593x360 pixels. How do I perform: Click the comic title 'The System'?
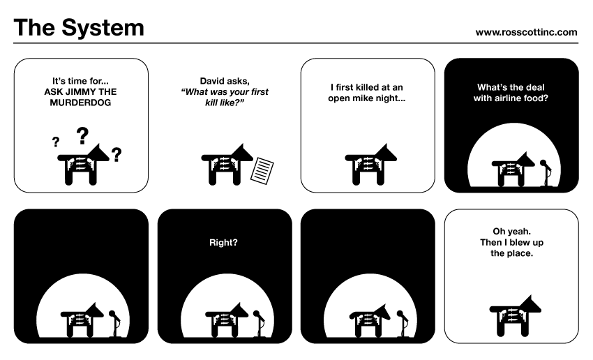coord(79,28)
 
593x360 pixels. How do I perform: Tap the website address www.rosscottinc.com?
coord(526,33)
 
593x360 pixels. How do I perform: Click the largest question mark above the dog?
coord(82,136)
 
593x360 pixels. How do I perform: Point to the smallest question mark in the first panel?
coord(56,142)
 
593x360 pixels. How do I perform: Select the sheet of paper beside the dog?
coord(262,171)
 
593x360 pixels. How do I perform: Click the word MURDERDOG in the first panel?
coord(80,103)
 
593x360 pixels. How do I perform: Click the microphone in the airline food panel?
coord(546,173)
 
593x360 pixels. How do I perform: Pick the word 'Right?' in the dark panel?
coord(223,242)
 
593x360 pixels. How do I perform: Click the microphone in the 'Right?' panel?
coord(259,324)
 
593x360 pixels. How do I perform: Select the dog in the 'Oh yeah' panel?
coord(515,316)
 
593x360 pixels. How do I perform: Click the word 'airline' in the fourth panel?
coord(505,98)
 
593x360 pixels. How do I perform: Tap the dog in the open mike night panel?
coord(370,164)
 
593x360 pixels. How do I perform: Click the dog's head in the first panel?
coord(98,153)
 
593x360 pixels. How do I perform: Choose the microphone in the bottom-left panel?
coord(114,324)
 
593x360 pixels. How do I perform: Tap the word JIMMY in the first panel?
coord(79,92)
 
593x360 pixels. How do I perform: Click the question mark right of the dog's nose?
coord(117,155)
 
